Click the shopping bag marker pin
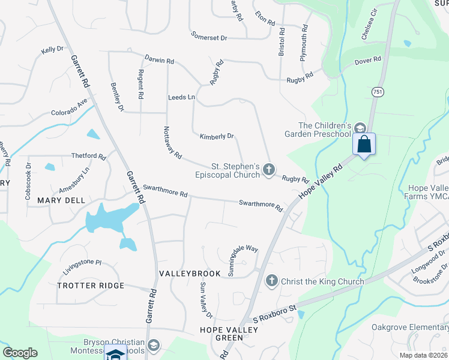(364, 145)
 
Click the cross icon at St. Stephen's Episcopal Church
(268, 170)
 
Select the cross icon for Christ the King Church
(271, 280)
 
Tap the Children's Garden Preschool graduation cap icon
(360, 128)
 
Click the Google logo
(20, 353)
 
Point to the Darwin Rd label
(159, 61)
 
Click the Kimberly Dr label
(217, 137)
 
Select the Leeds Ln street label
(181, 97)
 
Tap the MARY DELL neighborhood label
(61, 200)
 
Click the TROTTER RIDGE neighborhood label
(91, 286)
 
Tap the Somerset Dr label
(209, 37)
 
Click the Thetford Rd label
(88, 156)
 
